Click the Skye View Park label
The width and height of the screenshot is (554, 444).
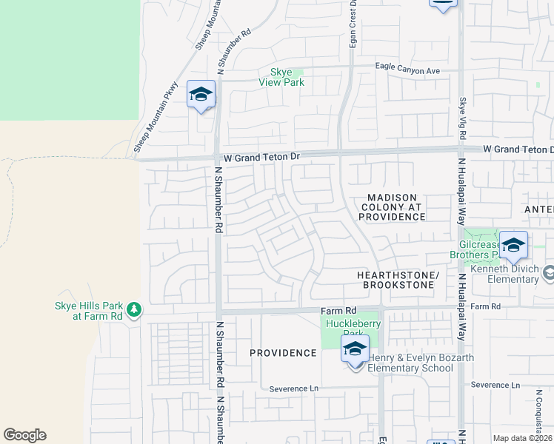tap(281, 77)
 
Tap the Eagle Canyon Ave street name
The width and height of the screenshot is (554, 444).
tap(407, 70)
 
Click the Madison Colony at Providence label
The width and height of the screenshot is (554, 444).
tap(393, 206)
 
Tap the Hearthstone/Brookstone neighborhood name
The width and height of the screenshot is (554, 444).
tap(398, 280)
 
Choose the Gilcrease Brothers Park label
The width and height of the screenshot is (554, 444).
tap(475, 249)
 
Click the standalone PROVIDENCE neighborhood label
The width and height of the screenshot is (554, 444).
tap(283, 353)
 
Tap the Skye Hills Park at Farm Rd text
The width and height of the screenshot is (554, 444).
tap(88, 311)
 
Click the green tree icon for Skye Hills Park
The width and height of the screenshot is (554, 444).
tap(133, 309)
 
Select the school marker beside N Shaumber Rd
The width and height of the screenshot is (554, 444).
tap(201, 95)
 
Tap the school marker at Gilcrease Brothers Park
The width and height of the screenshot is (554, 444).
tap(513, 245)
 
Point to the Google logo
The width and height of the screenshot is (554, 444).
tap(24, 435)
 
